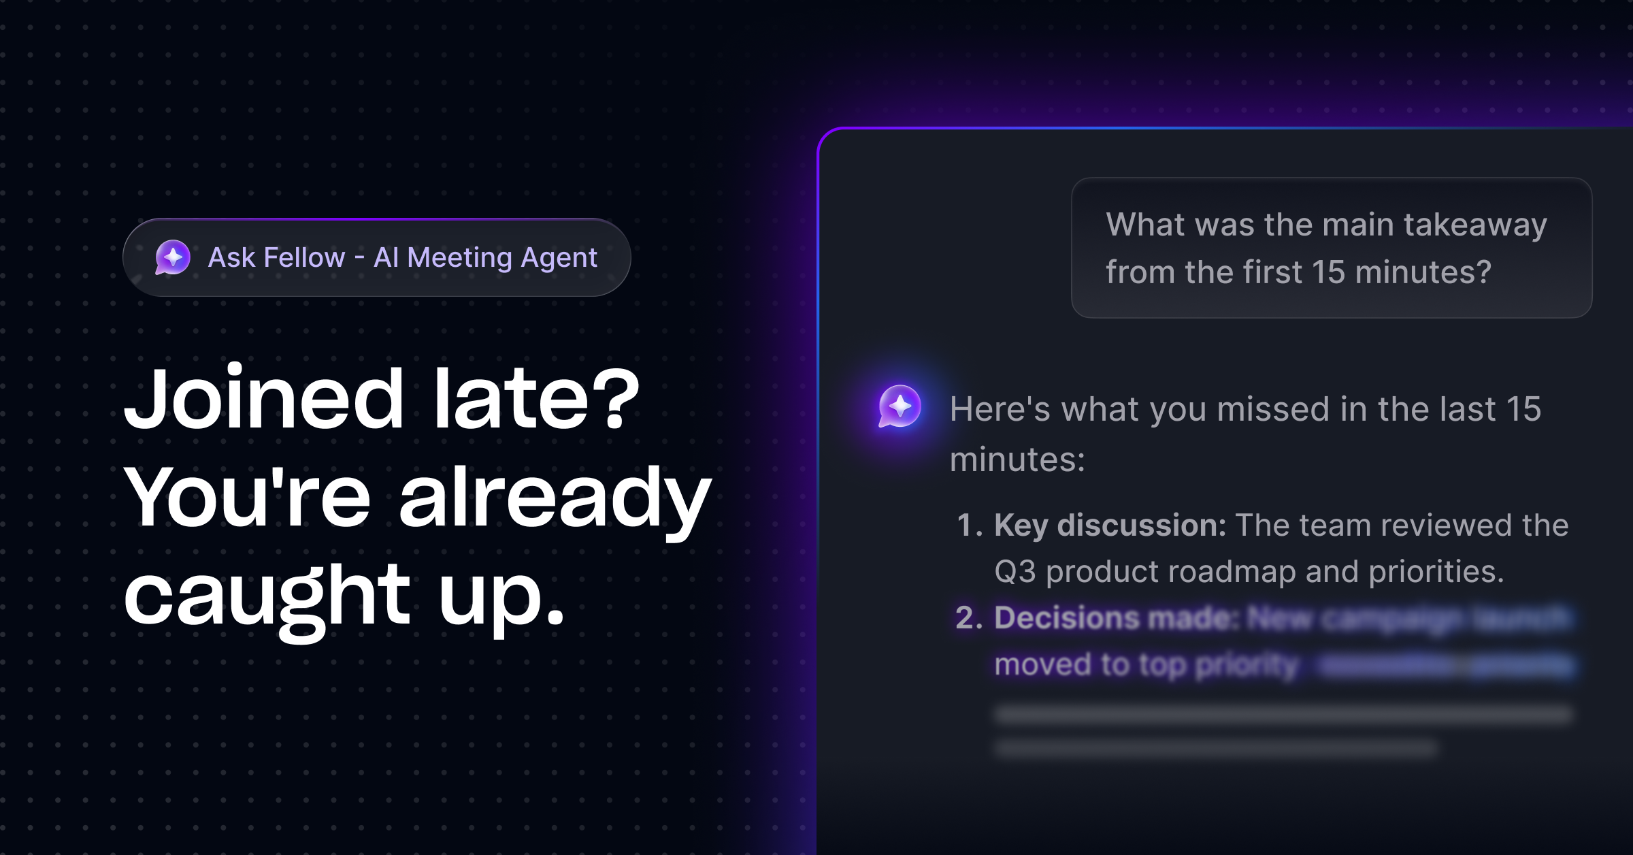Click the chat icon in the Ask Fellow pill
[x=173, y=257]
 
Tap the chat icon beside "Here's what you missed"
[x=900, y=406]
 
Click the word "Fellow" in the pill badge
[x=304, y=258]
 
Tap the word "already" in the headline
[x=555, y=498]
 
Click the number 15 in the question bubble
[x=1328, y=272]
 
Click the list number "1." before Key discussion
[x=970, y=526]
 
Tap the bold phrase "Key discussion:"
[x=1110, y=526]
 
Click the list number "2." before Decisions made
[x=970, y=618]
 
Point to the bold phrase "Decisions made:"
[x=1116, y=618]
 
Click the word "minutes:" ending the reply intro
[x=1017, y=459]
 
